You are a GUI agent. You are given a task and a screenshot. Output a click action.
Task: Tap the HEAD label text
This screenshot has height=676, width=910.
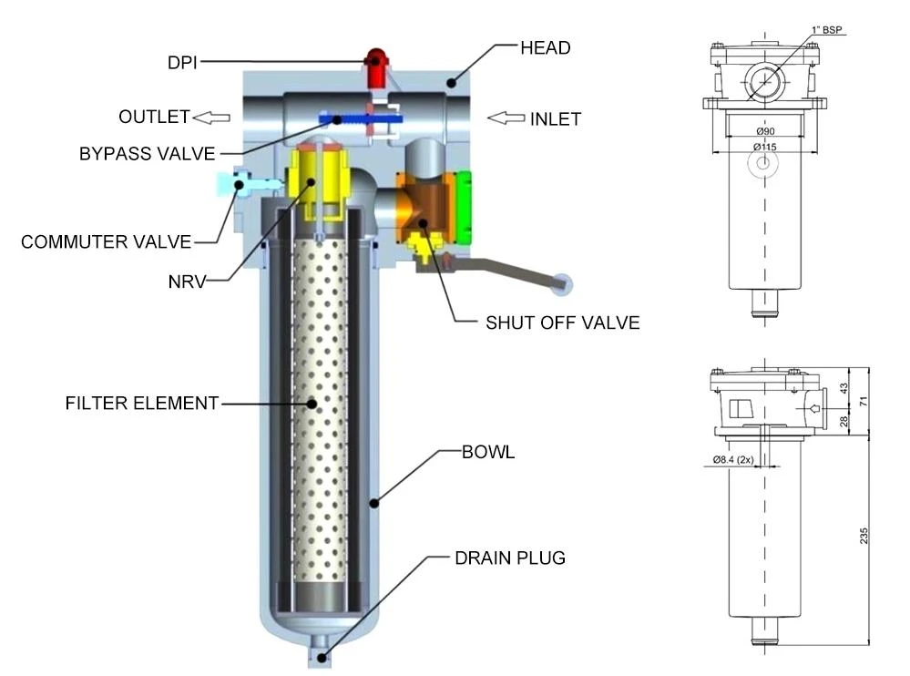click(x=545, y=48)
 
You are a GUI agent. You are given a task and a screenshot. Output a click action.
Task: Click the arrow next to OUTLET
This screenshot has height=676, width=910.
click(x=211, y=118)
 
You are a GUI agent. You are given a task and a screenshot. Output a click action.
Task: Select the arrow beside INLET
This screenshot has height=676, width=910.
click(x=506, y=118)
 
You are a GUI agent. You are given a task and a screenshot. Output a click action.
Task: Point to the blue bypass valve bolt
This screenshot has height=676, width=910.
click(x=360, y=119)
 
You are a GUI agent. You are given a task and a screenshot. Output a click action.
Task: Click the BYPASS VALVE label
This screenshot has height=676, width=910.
click(x=148, y=154)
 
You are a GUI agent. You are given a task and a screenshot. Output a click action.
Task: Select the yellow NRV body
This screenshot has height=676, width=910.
click(x=318, y=185)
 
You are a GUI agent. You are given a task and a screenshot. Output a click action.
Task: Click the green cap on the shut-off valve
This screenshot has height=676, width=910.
click(x=463, y=208)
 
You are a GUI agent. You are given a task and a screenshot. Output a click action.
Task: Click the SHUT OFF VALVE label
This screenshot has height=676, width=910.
click(x=562, y=323)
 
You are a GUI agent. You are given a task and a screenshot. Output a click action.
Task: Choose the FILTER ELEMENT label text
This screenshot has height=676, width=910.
click(x=141, y=404)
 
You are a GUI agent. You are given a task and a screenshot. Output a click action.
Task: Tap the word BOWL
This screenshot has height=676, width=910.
click(x=488, y=452)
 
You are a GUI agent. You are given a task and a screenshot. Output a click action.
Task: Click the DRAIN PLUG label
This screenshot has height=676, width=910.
click(x=510, y=558)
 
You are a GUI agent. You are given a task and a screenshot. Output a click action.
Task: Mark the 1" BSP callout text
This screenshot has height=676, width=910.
click(x=826, y=29)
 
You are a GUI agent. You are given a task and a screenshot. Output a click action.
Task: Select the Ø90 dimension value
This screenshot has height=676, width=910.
click(x=765, y=132)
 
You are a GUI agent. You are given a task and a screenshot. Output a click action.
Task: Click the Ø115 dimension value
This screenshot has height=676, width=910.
click(x=765, y=147)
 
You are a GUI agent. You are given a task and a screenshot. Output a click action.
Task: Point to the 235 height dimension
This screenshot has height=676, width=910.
click(x=864, y=536)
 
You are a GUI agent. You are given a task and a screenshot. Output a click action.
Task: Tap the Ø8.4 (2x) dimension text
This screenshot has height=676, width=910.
click(x=733, y=459)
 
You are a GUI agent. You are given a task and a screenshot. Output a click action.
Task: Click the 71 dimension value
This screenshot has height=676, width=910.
click(x=864, y=401)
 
